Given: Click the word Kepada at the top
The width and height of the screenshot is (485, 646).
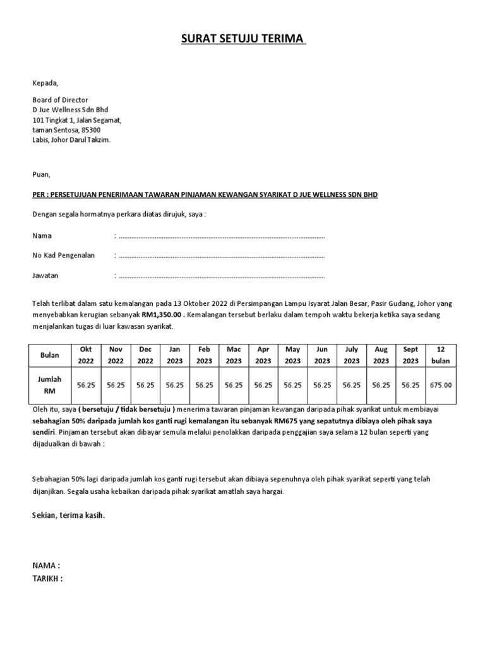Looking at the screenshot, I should tap(45, 83).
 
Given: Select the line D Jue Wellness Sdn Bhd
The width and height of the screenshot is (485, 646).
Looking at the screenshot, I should tap(70, 110).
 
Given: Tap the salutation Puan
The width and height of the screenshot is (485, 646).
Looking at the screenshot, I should tap(41, 174).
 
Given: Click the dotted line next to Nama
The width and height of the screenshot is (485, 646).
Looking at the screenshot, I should tap(221, 237).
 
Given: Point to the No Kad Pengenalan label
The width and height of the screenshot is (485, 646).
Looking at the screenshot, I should tap(63, 255).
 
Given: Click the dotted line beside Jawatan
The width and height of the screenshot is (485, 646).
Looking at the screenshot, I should tap(221, 276).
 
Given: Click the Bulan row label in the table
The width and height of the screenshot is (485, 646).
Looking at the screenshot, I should tap(50, 355).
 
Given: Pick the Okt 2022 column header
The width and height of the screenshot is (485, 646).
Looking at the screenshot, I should tap(85, 355).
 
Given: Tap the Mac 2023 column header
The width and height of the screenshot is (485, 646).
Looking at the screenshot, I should tap(233, 355).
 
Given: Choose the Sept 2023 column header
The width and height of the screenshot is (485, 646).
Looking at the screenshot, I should tap(410, 355).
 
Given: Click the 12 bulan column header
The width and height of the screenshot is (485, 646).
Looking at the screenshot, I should tap(441, 355).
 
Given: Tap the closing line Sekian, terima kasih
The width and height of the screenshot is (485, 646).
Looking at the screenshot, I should tap(69, 515).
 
